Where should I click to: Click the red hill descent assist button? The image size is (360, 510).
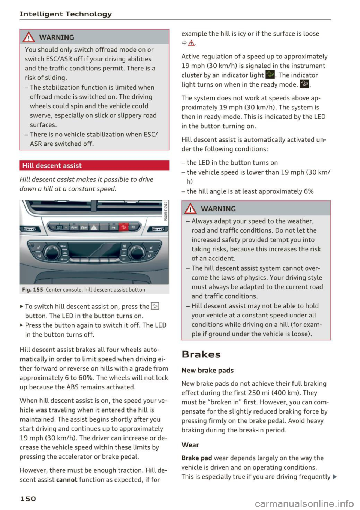[123, 227]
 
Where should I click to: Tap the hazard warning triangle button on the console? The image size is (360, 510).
[93, 227]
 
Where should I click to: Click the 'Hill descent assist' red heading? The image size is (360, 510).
[52, 166]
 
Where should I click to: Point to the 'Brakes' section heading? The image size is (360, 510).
[201, 354]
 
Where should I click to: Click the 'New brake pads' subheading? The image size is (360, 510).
[207, 370]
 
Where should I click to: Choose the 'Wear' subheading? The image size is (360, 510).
[190, 445]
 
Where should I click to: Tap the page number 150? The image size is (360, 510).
[28, 498]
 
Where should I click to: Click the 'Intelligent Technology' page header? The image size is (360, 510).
[66, 14]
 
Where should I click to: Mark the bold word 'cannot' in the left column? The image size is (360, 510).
[67, 480]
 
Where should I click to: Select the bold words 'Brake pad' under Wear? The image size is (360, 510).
[196, 458]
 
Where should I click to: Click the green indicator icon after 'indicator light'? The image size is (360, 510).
[270, 75]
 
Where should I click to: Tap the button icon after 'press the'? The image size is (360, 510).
[155, 307]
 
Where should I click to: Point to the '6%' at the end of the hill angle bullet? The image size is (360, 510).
[309, 191]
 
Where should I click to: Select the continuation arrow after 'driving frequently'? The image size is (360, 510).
[334, 477]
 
